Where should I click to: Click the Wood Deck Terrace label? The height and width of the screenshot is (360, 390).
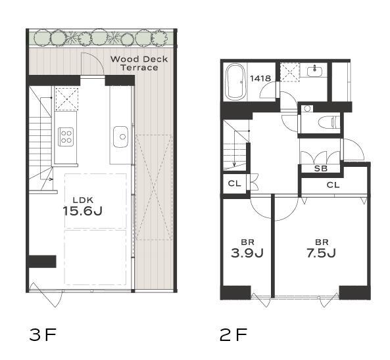139,63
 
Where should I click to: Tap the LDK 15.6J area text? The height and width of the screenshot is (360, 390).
83,206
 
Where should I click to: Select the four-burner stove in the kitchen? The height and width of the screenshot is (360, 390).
66,137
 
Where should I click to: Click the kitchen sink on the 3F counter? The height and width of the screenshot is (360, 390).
120,137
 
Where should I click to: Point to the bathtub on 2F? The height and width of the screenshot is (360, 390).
235,81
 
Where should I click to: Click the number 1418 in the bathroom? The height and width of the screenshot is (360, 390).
260,79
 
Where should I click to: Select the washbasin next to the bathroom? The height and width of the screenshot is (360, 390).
315,71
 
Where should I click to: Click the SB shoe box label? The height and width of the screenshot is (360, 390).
320,169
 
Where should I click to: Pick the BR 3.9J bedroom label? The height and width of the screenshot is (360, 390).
247,249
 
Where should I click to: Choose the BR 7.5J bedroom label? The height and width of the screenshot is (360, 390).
321,249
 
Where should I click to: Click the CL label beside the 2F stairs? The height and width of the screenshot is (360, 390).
234,183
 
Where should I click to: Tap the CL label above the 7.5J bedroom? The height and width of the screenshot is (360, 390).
333,185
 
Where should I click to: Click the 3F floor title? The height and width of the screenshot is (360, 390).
43,334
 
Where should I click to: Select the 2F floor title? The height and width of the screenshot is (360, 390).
233,334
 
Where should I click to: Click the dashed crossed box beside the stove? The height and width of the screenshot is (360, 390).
66,99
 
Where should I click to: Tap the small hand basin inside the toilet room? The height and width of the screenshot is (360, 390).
308,108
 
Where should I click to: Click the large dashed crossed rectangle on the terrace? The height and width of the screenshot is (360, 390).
154,187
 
